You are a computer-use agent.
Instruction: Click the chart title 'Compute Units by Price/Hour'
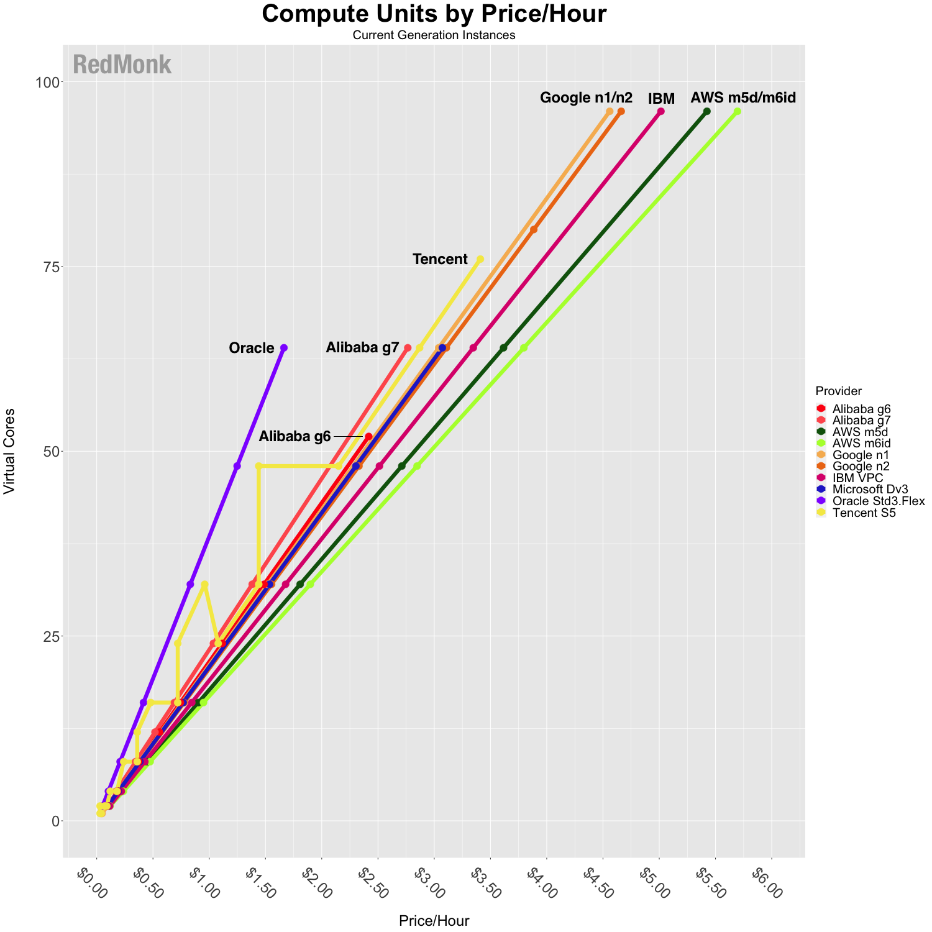[434, 14]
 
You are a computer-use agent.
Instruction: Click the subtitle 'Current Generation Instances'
[434, 35]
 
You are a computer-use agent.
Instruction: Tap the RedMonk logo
[122, 65]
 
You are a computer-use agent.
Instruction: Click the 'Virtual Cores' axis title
[9, 452]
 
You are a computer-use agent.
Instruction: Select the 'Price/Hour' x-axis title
[434, 921]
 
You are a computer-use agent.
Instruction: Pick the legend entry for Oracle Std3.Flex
[870, 501]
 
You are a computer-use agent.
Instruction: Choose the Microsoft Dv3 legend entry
[862, 490]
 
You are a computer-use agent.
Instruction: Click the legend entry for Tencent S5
[856, 513]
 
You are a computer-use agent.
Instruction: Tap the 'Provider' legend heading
[838, 391]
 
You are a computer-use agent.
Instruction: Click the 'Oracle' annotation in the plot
[252, 348]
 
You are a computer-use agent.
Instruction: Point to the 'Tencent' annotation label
[440, 259]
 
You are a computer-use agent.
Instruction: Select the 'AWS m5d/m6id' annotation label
[743, 98]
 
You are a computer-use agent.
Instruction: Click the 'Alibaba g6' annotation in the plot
[295, 436]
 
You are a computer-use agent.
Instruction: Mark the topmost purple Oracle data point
[284, 347]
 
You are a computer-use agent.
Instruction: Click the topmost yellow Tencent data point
[480, 259]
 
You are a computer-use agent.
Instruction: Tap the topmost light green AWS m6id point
[738, 111]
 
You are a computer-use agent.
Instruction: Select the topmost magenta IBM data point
[661, 111]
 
